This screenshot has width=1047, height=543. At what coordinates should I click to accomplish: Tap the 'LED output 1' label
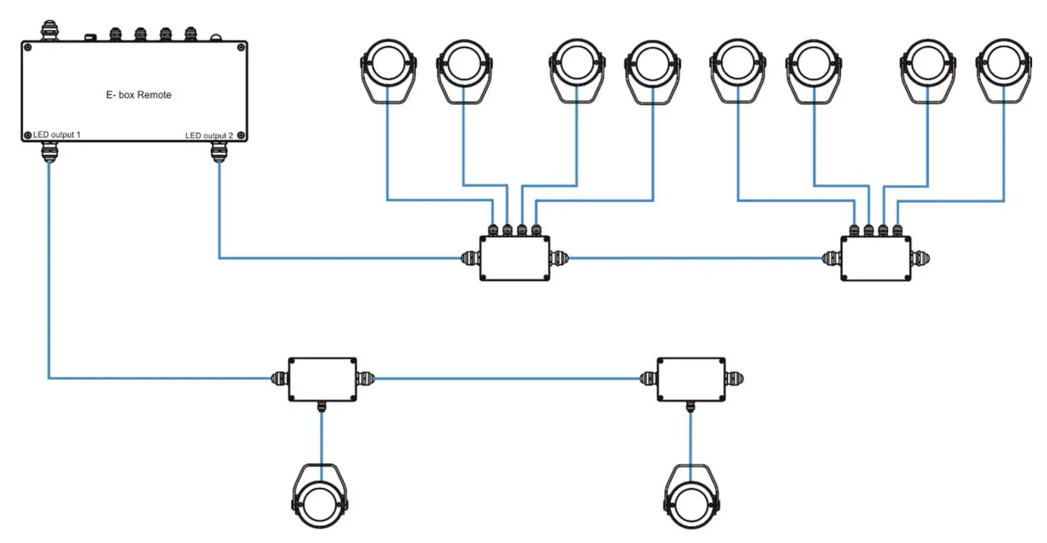(56, 135)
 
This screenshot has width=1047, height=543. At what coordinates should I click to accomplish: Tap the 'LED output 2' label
(208, 136)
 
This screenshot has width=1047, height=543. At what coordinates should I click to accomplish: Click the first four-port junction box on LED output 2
(515, 258)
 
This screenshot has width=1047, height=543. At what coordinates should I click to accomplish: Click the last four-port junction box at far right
(876, 258)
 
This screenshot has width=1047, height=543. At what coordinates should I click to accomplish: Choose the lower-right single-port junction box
(690, 379)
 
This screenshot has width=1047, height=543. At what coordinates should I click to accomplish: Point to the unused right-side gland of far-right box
(921, 258)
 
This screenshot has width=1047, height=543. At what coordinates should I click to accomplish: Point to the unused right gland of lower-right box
(735, 378)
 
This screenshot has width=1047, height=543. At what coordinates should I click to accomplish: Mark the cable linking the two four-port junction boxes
(696, 258)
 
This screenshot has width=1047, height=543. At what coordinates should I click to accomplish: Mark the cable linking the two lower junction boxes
(507, 378)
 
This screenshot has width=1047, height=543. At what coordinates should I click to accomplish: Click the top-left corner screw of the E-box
(28, 48)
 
